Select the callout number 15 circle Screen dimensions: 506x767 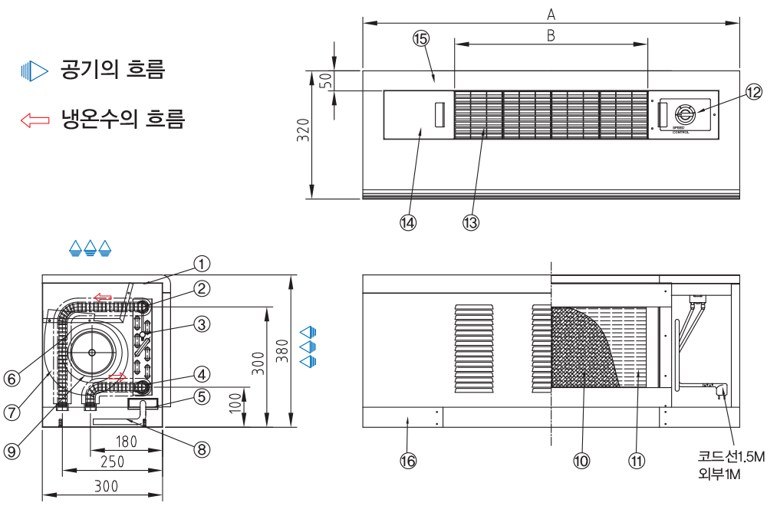(420, 39)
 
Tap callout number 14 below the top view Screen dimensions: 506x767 (407, 222)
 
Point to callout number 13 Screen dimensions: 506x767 (470, 222)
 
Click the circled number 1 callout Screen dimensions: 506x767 (201, 264)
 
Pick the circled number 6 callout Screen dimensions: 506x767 (11, 379)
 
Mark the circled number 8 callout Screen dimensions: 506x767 (201, 449)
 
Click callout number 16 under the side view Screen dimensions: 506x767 (408, 460)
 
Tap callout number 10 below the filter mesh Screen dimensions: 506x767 (581, 460)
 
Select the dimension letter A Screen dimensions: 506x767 (551, 13)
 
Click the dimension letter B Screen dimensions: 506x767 (551, 34)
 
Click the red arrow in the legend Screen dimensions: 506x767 (35, 120)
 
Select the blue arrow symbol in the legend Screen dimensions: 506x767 (35, 72)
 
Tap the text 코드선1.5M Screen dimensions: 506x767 (732, 458)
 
